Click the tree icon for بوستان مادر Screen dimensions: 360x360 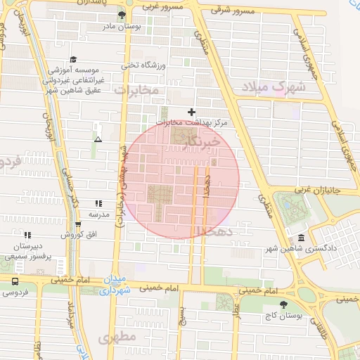(122, 15)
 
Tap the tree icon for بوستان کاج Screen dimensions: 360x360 (283, 304)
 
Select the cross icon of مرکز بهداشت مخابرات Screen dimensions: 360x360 (191, 112)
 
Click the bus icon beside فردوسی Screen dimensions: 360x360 (15, 280)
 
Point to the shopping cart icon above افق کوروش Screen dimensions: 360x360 (77, 225)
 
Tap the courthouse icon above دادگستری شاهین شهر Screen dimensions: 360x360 (301, 239)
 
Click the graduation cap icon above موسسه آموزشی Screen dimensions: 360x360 (73, 60)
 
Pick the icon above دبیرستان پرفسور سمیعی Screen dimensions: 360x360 (27, 235)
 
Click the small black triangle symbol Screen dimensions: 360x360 (97, 139)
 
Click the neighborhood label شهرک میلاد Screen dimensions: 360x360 (274, 88)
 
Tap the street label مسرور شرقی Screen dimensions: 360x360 (236, 11)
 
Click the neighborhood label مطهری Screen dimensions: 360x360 (117, 338)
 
